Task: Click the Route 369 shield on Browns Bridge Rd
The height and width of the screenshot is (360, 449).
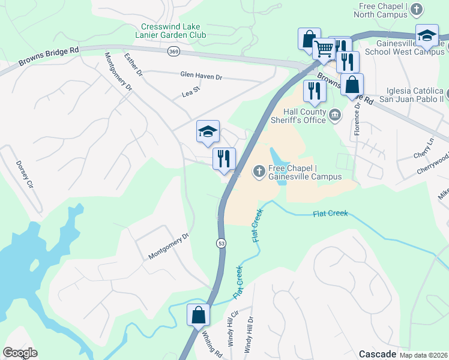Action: coord(173,52)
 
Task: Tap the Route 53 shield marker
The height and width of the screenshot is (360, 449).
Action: coord(221,242)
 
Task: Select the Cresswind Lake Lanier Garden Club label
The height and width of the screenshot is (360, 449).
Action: coord(173,31)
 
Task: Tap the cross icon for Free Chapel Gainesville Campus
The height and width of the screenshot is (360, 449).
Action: coord(259,172)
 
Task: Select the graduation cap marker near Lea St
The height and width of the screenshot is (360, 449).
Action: coord(208,131)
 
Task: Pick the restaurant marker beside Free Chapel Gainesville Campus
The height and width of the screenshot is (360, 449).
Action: coord(223,159)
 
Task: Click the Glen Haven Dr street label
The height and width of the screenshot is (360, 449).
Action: coord(201,77)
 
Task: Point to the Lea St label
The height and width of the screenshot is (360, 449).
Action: coord(190,94)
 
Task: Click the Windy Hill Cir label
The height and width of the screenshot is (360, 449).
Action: coord(234,329)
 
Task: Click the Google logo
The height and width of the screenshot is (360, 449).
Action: coord(20,353)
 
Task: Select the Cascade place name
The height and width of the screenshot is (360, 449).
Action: coord(378,353)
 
